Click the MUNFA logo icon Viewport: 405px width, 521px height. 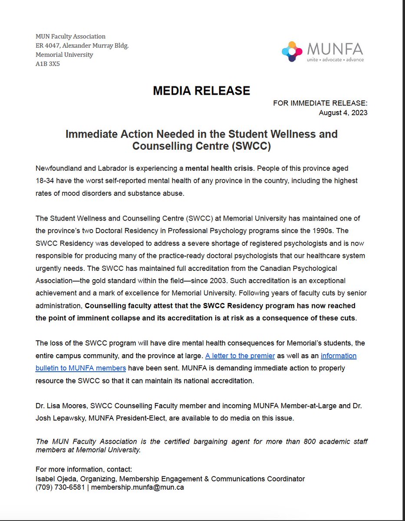tap(292, 52)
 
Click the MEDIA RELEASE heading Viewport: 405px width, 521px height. tap(201, 91)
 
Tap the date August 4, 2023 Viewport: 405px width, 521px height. tap(343, 112)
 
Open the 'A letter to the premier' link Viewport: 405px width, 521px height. tap(240, 356)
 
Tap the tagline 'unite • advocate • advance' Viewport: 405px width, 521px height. tap(335, 59)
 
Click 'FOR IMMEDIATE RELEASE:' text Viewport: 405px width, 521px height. tap(320, 103)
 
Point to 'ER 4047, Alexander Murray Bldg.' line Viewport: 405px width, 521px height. tap(82, 46)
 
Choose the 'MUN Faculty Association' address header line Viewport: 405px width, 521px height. tap(70, 36)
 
